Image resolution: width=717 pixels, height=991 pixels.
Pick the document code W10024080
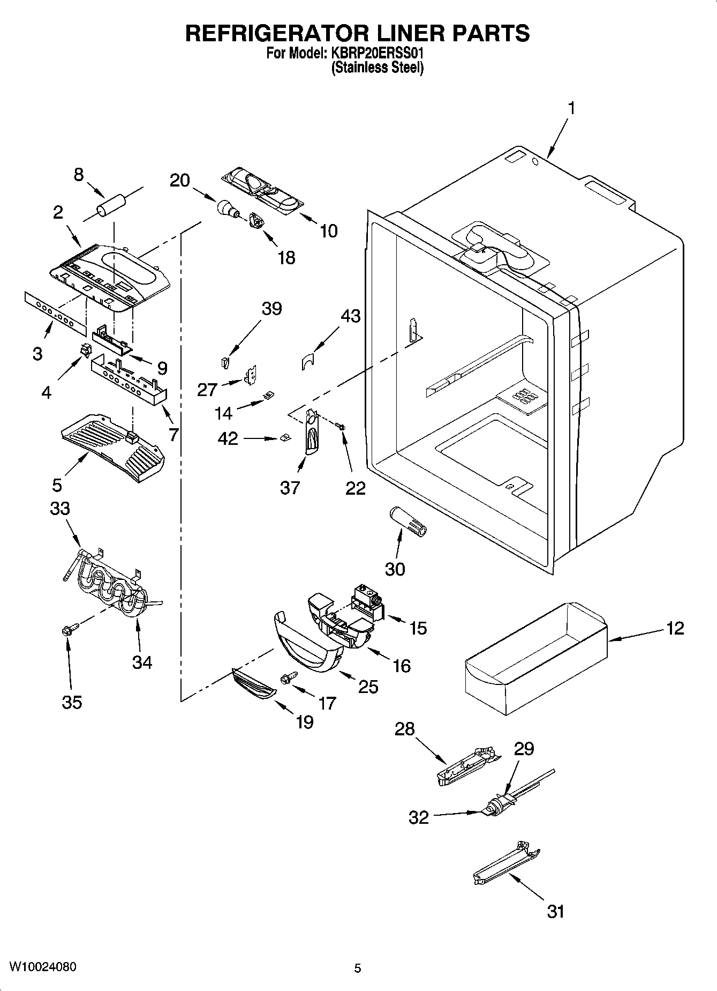click(x=43, y=967)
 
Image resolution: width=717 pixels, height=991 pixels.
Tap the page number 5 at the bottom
click(x=358, y=968)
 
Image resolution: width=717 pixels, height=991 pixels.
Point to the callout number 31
click(x=555, y=911)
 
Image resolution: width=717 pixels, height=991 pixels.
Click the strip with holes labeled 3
click(x=55, y=312)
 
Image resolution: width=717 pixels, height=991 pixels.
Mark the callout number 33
click(x=60, y=508)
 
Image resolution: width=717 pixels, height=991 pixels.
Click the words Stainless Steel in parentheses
click(x=378, y=68)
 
